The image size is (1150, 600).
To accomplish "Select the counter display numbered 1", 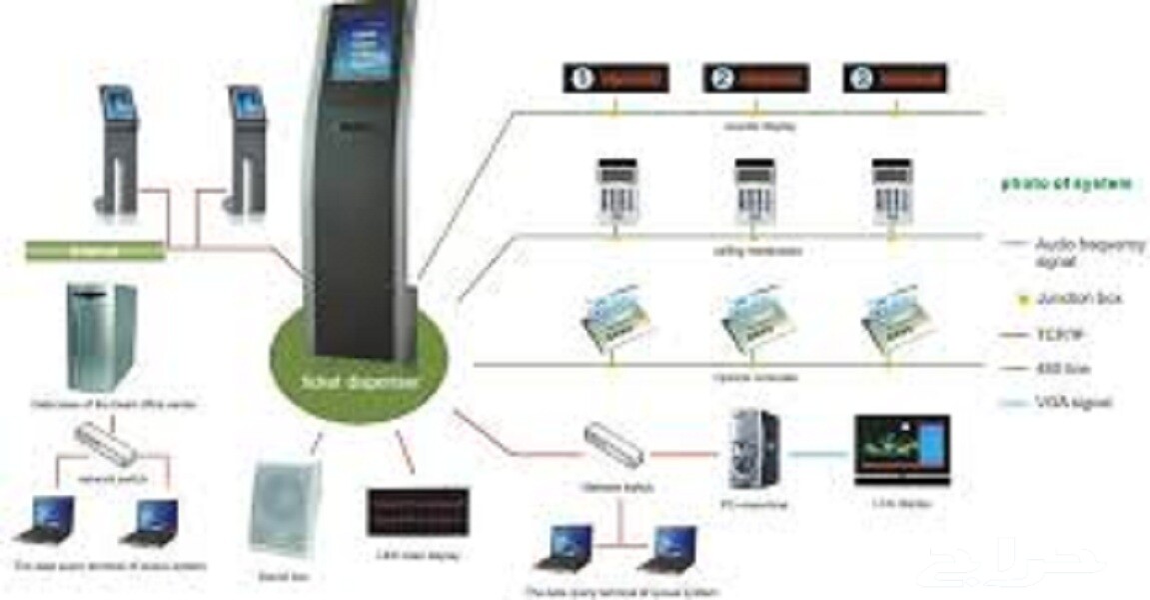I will click(613, 78).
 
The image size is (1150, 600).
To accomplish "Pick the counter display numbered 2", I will click(754, 78).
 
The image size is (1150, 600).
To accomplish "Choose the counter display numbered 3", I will click(894, 78).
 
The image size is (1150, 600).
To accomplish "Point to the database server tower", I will click(101, 336).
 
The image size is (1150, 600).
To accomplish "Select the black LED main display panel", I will click(418, 513).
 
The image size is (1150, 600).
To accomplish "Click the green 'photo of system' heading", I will click(1067, 183).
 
